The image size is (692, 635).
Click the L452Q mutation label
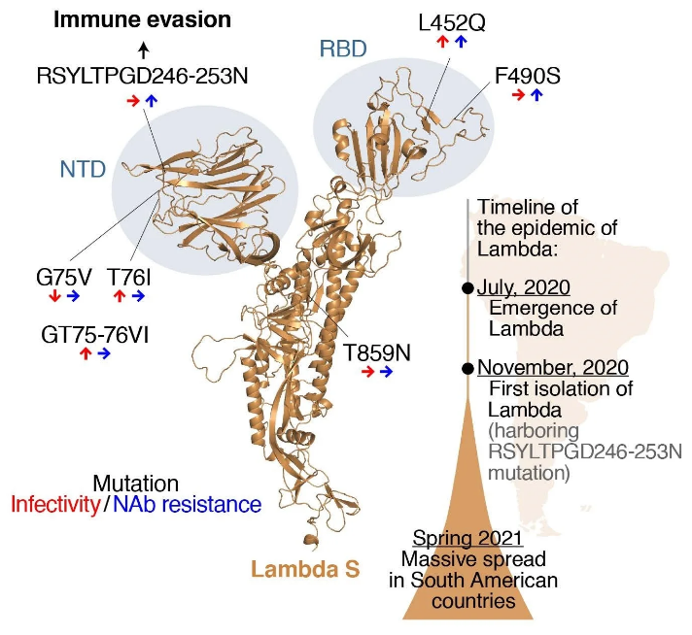[452, 22]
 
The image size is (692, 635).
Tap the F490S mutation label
[528, 76]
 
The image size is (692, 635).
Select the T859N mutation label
[377, 352]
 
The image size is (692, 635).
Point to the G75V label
[64, 278]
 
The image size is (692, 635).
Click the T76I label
[128, 278]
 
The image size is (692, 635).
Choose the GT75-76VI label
[95, 335]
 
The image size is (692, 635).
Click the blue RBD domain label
[343, 49]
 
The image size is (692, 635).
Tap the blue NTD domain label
[83, 169]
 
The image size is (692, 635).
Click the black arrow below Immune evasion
[143, 50]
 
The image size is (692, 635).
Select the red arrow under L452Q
[442, 42]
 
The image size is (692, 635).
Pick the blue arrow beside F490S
[536, 94]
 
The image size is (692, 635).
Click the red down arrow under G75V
[54, 295]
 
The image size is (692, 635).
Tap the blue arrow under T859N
[386, 372]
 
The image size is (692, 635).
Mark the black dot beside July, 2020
[467, 288]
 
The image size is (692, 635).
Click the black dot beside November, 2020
[467, 369]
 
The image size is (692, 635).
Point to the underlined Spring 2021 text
[467, 539]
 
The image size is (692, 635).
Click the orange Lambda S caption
[305, 569]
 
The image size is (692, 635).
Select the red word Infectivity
[55, 505]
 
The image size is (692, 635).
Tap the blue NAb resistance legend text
[188, 505]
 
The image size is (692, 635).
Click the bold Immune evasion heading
[142, 19]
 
